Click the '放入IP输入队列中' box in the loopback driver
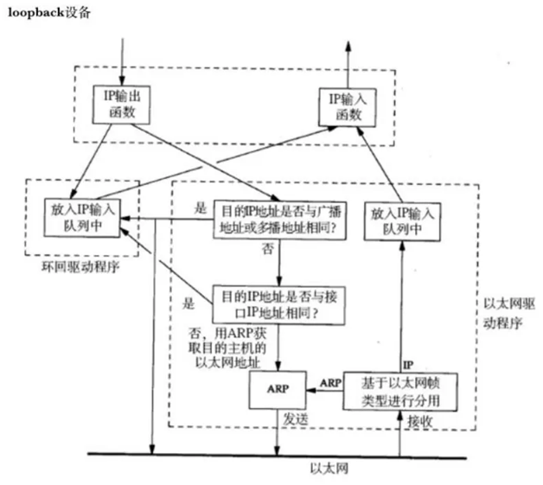point(83,219)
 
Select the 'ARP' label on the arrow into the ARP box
point(330,380)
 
